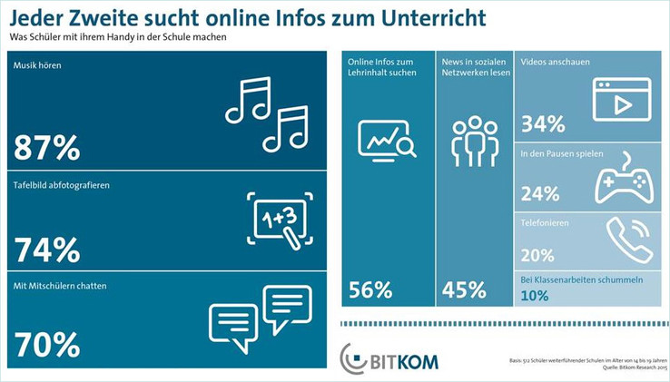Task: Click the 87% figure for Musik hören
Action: (47, 147)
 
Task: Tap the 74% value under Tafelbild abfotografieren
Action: (47, 249)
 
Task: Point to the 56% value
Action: (370, 291)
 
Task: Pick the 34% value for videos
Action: (543, 124)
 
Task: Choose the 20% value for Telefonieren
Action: (537, 255)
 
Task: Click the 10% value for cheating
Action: (535, 296)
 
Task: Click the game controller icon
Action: (621, 180)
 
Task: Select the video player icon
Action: (622, 100)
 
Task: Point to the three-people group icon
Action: (475, 142)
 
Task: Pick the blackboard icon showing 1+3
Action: (279, 219)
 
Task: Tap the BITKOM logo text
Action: (403, 361)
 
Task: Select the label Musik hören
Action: (38, 66)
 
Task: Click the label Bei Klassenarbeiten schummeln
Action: (581, 279)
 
